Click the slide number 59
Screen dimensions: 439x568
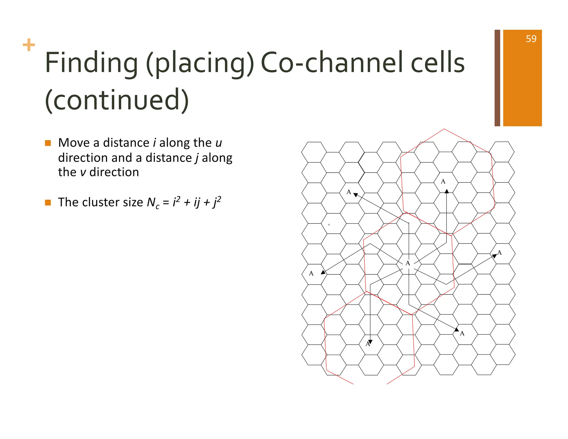pyautogui.click(x=531, y=39)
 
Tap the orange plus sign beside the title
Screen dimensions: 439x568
pyautogui.click(x=29, y=45)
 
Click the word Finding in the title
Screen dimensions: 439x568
pyautogui.click(x=92, y=63)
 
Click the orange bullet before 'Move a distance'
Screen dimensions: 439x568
pyautogui.click(x=48, y=143)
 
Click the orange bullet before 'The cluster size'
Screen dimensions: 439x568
pyautogui.click(x=48, y=203)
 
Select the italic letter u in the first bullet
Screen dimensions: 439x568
pyautogui.click(x=219, y=143)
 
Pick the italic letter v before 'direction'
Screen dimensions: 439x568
pyautogui.click(x=83, y=172)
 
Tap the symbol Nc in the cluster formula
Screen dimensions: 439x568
pyautogui.click(x=153, y=203)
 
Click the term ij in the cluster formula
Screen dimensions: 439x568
pyautogui.click(x=197, y=202)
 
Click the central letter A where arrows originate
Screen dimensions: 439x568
pyautogui.click(x=407, y=263)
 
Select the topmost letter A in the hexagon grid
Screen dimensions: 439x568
pyautogui.click(x=443, y=181)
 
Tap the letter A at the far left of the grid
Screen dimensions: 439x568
pyautogui.click(x=311, y=273)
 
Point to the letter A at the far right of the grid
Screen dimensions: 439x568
pyautogui.click(x=499, y=253)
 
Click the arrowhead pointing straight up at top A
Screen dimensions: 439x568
pyautogui.click(x=447, y=191)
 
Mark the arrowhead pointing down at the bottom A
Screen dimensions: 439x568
pyautogui.click(x=370, y=342)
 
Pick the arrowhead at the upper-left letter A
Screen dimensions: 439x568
pyautogui.click(x=356, y=195)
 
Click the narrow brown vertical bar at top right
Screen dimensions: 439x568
pyautogui.click(x=497, y=78)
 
